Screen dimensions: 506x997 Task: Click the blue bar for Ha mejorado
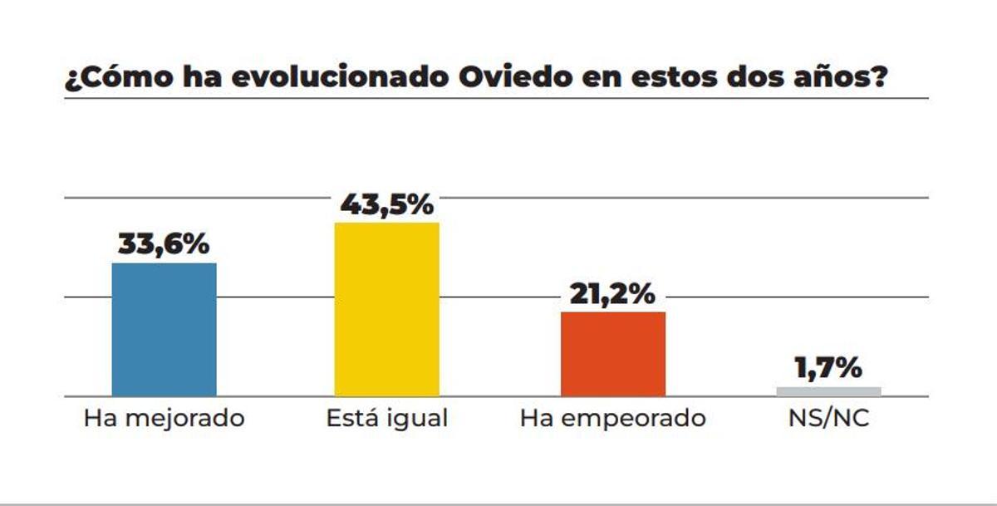coord(164,330)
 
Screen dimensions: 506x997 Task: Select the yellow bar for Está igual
coord(386,309)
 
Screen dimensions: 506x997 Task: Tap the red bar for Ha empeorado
coord(612,354)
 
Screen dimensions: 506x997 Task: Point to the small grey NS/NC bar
coord(828,391)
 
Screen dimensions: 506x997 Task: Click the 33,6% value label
coord(164,244)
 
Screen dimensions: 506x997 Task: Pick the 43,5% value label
coord(386,204)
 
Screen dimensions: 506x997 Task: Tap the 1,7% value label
coord(828,367)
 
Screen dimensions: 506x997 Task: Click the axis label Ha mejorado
coord(164,417)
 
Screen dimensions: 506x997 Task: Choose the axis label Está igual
coord(386,418)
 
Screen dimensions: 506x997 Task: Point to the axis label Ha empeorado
coord(612,418)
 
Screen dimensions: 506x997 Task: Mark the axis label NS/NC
coord(828,417)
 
